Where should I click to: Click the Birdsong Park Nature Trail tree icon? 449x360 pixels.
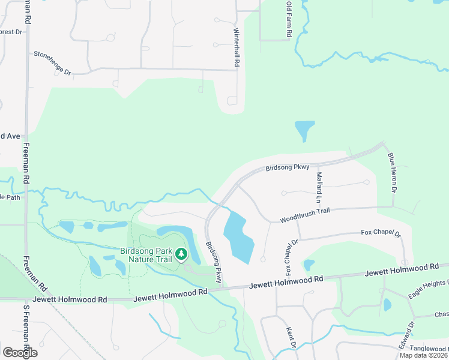[x=181, y=256]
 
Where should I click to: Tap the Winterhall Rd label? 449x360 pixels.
[x=237, y=47]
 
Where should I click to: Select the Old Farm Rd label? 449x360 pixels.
[x=289, y=19]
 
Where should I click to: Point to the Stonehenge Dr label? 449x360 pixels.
[x=52, y=62]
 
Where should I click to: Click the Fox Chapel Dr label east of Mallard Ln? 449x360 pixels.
[x=381, y=233]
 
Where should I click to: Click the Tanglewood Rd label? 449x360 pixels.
[x=427, y=349]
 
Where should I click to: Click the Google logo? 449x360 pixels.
[x=20, y=353]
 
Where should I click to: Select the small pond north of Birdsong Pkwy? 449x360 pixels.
[x=304, y=130]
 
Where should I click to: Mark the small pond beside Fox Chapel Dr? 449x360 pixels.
[x=309, y=265]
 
